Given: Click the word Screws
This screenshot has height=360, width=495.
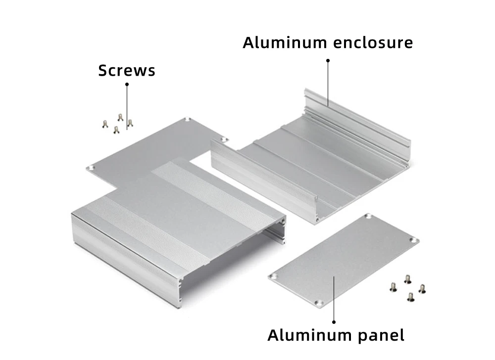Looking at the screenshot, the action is (x=127, y=70).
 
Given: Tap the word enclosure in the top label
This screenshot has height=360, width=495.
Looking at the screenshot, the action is (x=373, y=43).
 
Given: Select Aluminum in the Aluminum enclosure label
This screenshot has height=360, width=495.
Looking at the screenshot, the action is (x=285, y=43).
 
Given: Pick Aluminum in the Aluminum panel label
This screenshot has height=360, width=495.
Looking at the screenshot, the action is (x=309, y=335).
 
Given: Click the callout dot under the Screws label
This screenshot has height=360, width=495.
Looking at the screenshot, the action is (x=127, y=84).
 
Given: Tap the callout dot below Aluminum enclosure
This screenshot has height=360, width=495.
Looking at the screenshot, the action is (x=328, y=60).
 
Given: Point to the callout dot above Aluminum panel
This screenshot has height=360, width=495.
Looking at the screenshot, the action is (x=334, y=322).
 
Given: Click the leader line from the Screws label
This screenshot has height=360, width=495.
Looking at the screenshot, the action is (x=127, y=107).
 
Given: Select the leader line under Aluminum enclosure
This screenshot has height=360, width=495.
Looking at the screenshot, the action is (x=328, y=83).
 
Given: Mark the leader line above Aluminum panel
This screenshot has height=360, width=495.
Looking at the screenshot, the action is (x=334, y=299).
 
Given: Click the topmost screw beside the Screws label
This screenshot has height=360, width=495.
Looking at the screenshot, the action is (x=120, y=118).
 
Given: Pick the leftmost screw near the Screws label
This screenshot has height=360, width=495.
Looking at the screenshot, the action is (x=105, y=125).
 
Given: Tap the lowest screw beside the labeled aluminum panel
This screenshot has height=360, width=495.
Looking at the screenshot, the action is (x=410, y=297).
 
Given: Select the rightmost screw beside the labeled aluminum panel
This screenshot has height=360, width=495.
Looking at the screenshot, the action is (x=422, y=289).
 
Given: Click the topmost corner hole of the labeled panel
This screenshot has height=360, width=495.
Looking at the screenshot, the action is (x=368, y=216).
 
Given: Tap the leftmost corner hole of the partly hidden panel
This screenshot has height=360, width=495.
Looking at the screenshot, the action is (x=92, y=168).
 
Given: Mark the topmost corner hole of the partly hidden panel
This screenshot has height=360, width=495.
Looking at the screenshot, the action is (x=188, y=120).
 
